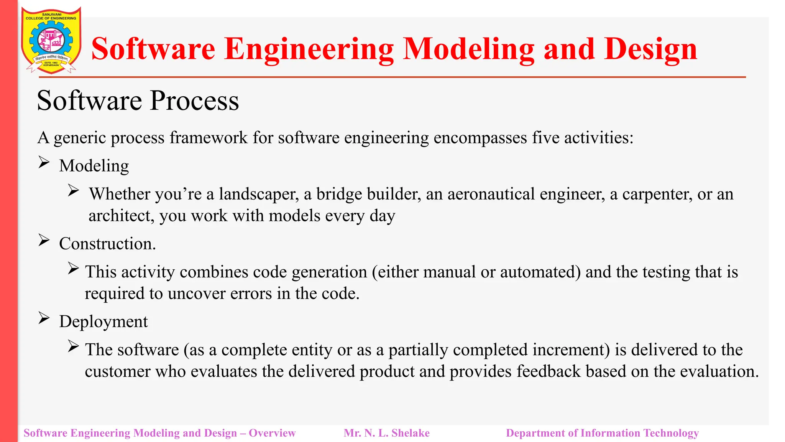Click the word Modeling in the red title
coord(469,49)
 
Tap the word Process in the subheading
coord(194,101)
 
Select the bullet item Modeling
coord(94,166)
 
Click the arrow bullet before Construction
coord(44,241)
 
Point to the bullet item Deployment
coord(103,322)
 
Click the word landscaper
coord(259,194)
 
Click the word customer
coord(117,371)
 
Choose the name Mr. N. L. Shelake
coord(386,433)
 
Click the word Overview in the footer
coord(272,433)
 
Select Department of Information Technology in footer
coord(602,433)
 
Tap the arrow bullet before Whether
coord(73,190)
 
